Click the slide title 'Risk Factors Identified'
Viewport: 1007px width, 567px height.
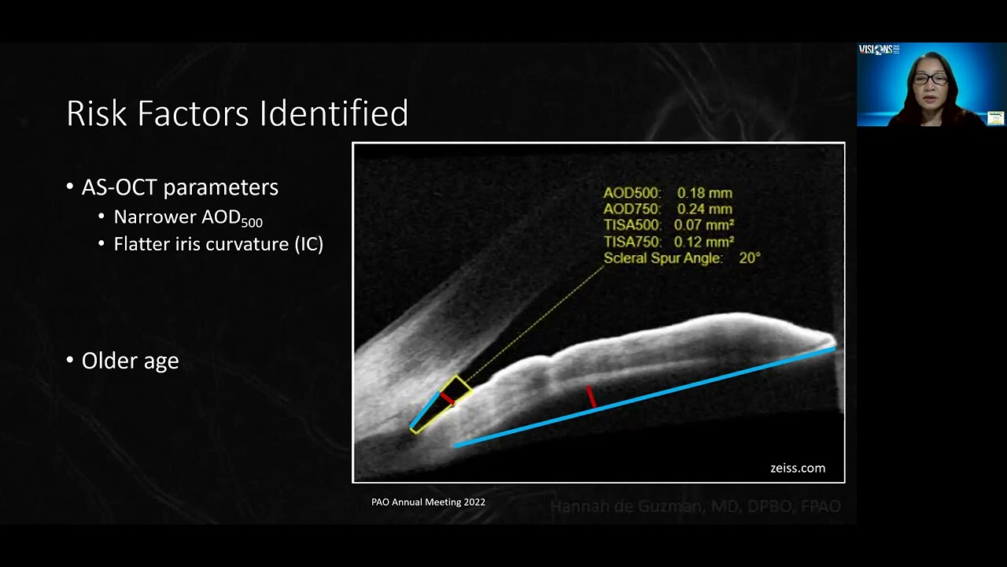tap(237, 113)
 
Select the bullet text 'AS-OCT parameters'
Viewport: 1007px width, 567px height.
tap(179, 187)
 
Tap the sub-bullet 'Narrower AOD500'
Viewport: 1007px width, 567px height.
tap(188, 218)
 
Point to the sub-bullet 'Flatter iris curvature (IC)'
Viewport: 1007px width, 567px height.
tap(218, 244)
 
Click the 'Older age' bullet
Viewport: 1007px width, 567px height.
tap(130, 361)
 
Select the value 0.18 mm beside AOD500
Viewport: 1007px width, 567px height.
tap(704, 193)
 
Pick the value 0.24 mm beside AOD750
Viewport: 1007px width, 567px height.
tap(704, 209)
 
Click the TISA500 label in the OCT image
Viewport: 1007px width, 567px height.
tap(633, 226)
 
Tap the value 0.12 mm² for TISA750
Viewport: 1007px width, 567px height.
tap(704, 243)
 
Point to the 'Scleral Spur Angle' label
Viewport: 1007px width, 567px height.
tap(662, 258)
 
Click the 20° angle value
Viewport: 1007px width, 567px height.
tap(749, 258)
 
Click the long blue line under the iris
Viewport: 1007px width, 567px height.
tap(645, 396)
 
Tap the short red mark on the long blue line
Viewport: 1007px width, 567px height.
tap(591, 398)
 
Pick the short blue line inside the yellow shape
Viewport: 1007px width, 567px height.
tap(425, 411)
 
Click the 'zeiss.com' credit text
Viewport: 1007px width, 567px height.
tap(797, 468)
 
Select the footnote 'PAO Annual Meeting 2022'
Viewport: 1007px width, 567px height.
tap(428, 502)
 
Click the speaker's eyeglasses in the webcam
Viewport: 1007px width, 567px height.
tap(930, 79)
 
